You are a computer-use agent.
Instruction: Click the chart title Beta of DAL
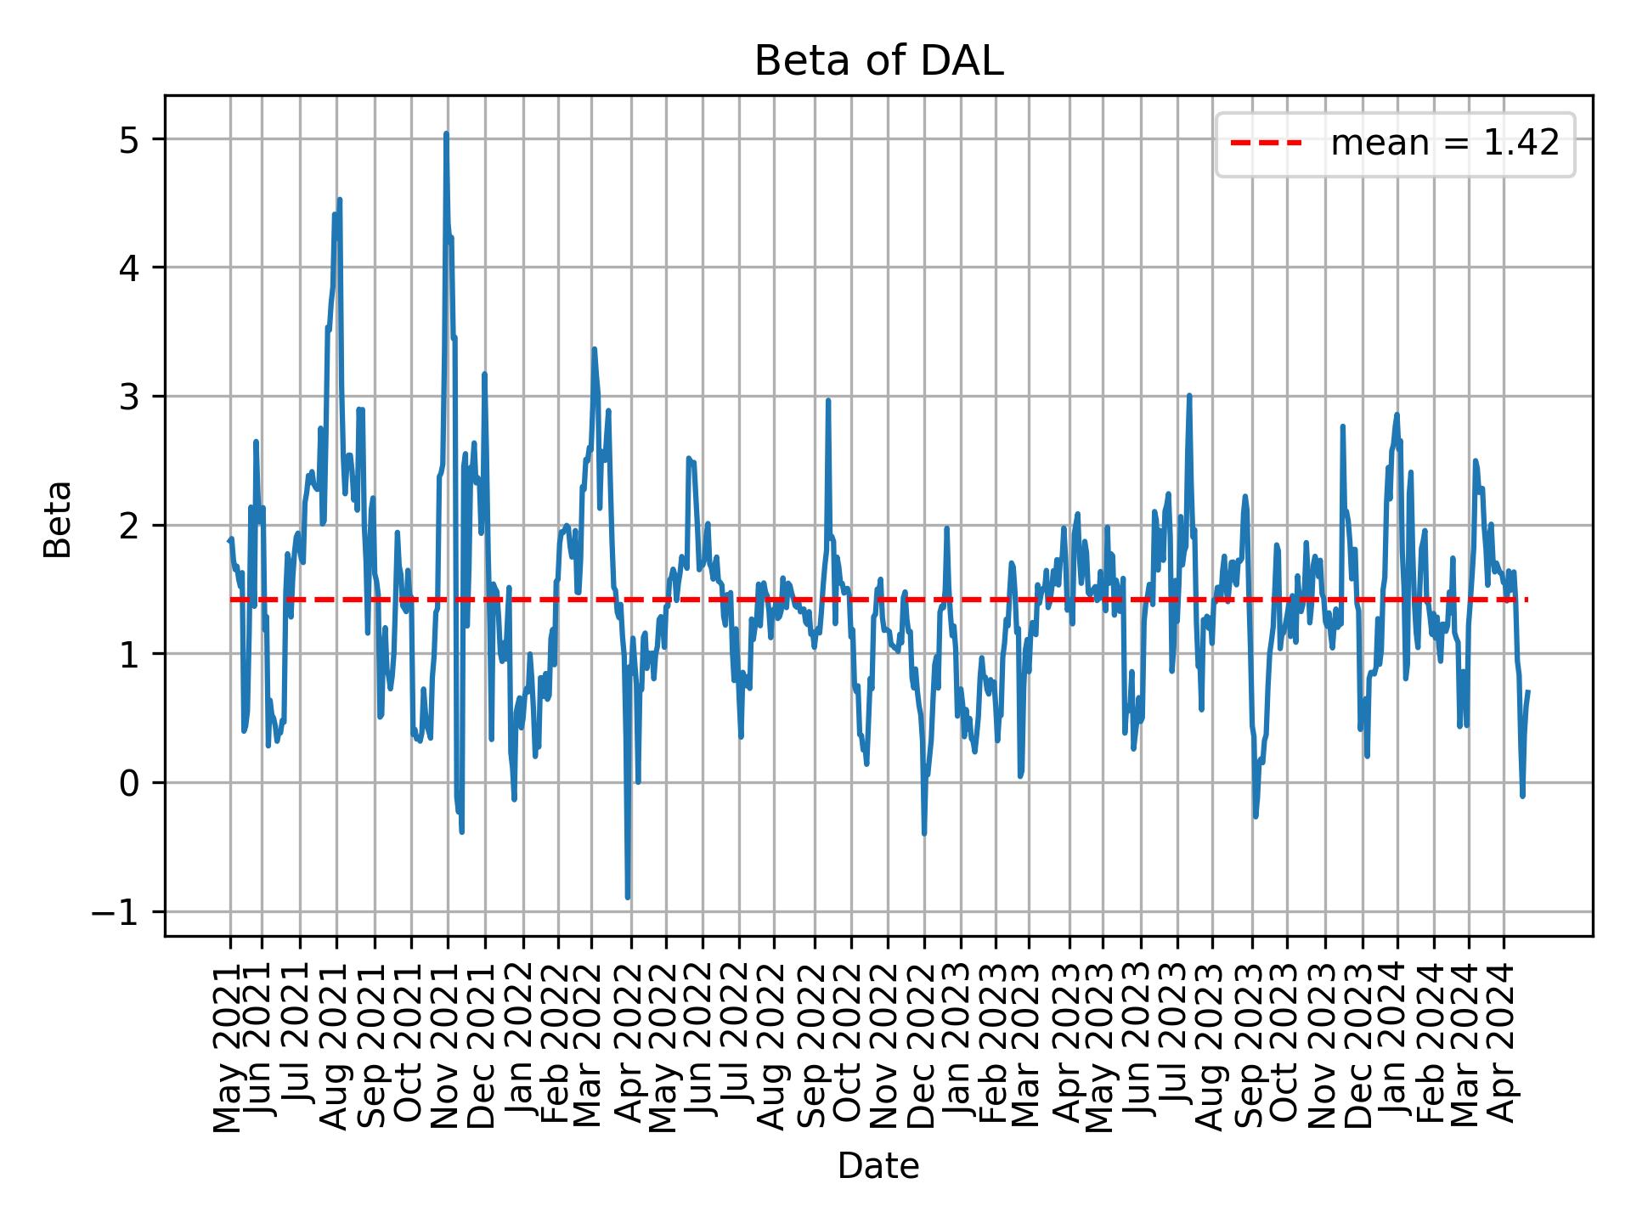pyautogui.click(x=878, y=62)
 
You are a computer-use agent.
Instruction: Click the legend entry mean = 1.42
pyautogui.click(x=1444, y=144)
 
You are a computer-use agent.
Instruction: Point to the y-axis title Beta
pyautogui.click(x=58, y=519)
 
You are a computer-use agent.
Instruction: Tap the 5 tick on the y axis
pyautogui.click(x=128, y=139)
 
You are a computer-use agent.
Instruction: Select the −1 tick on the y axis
pyautogui.click(x=119, y=912)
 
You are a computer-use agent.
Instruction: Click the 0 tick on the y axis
pyautogui.click(x=128, y=783)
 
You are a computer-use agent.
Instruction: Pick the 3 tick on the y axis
pyautogui.click(x=128, y=397)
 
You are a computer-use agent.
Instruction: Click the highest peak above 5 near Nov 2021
pyautogui.click(x=446, y=134)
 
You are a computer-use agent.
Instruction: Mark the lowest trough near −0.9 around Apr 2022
pyautogui.click(x=628, y=896)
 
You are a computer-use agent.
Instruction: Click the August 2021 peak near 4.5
pyautogui.click(x=340, y=200)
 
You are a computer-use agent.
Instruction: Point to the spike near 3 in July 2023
pyautogui.click(x=1189, y=396)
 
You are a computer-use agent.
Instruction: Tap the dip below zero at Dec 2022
pyautogui.click(x=924, y=833)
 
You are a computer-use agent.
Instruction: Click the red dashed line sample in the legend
pyautogui.click(x=1266, y=144)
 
